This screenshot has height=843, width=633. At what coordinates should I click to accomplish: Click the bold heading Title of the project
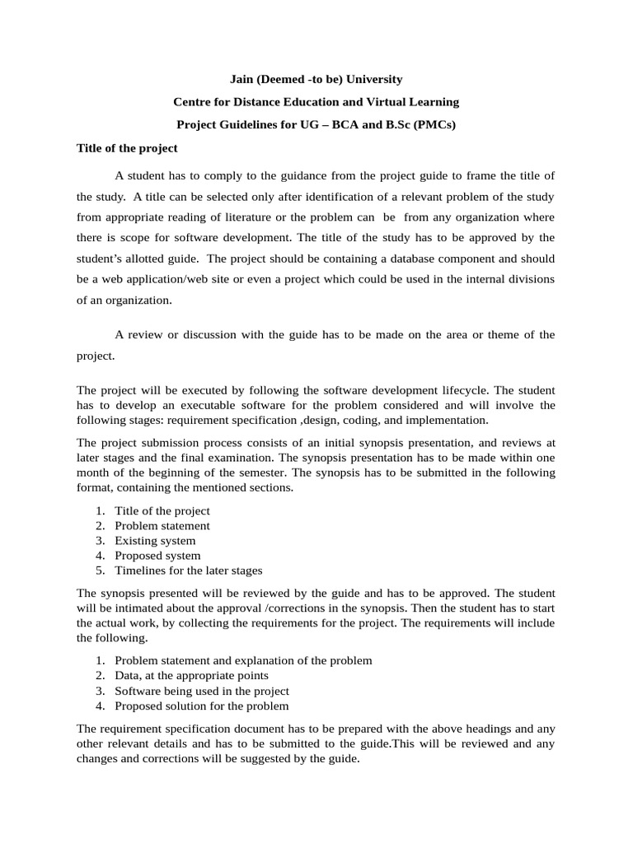(127, 148)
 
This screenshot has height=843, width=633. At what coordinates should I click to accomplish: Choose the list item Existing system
(155, 541)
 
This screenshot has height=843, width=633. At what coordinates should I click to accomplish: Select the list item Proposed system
(157, 556)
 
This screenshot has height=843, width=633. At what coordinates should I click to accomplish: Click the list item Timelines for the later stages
(188, 571)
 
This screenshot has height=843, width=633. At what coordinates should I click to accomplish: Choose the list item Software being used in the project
(202, 691)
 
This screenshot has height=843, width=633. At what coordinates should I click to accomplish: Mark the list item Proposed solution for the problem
(202, 706)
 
